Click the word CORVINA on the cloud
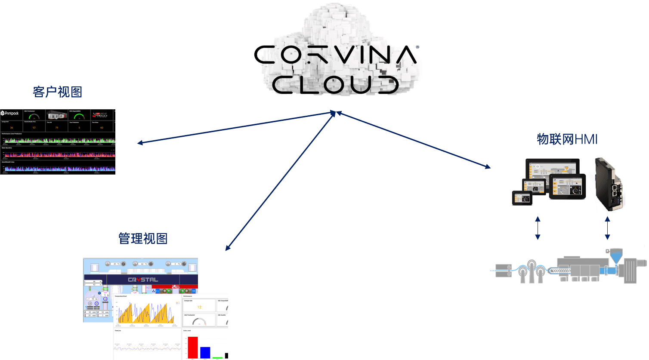[x=336, y=55]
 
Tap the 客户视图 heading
[x=58, y=92]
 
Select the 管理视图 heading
[x=143, y=239]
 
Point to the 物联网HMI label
[x=567, y=139]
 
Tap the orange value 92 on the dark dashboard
[x=34, y=128]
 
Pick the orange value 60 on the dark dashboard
[x=102, y=128]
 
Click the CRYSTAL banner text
[x=143, y=280]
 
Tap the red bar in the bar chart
[x=192, y=347]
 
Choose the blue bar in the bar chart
[x=205, y=352]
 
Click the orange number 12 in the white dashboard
[x=199, y=307]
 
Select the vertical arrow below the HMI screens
[x=537, y=228]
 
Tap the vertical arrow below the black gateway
[x=607, y=228]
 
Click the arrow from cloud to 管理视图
[x=280, y=181]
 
